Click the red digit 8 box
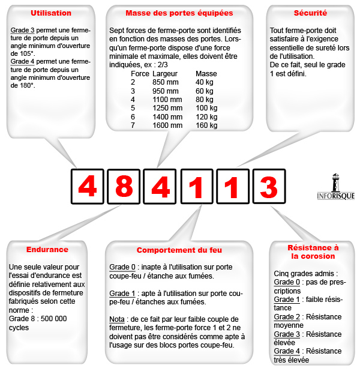(124, 187)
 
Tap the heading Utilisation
(51, 13)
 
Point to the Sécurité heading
(310, 13)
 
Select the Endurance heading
(47, 249)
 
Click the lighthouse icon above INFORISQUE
(335, 181)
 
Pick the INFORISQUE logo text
(335, 196)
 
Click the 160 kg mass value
(206, 125)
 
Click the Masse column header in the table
(206, 73)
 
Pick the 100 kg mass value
(206, 108)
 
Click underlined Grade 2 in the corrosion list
(287, 316)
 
